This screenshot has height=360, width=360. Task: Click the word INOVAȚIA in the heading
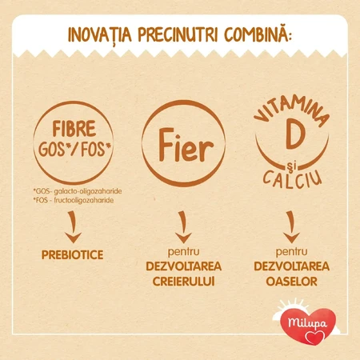click(x=100, y=34)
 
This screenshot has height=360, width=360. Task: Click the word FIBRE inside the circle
click(x=74, y=129)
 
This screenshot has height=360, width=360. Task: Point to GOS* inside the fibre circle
click(x=52, y=150)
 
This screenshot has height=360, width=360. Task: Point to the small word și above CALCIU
click(x=292, y=166)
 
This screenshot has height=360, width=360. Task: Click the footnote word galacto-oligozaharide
click(x=88, y=191)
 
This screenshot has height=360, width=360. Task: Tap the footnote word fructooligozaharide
click(x=84, y=200)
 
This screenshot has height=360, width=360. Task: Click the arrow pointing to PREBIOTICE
click(x=72, y=227)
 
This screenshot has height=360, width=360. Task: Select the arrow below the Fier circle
click(x=183, y=227)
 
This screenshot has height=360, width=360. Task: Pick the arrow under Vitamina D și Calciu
click(x=291, y=227)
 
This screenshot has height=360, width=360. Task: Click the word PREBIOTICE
click(x=72, y=255)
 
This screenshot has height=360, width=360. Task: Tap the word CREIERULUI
click(x=184, y=282)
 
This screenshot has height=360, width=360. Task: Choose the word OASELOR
click(x=292, y=282)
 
